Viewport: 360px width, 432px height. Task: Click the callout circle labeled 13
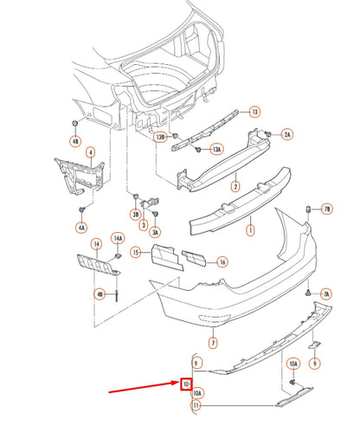click(254, 112)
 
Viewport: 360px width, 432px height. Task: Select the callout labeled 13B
click(160, 137)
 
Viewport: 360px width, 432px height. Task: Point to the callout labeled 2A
click(287, 134)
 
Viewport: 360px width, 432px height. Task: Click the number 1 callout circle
click(250, 231)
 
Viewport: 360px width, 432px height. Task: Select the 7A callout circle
click(325, 295)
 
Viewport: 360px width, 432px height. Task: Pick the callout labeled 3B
click(135, 214)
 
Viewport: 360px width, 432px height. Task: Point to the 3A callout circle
click(155, 232)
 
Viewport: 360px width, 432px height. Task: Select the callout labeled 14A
click(119, 240)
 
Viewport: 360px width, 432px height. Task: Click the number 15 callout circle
click(136, 252)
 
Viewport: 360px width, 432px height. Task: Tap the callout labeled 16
click(222, 262)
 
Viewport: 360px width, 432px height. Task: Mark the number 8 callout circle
click(315, 364)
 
